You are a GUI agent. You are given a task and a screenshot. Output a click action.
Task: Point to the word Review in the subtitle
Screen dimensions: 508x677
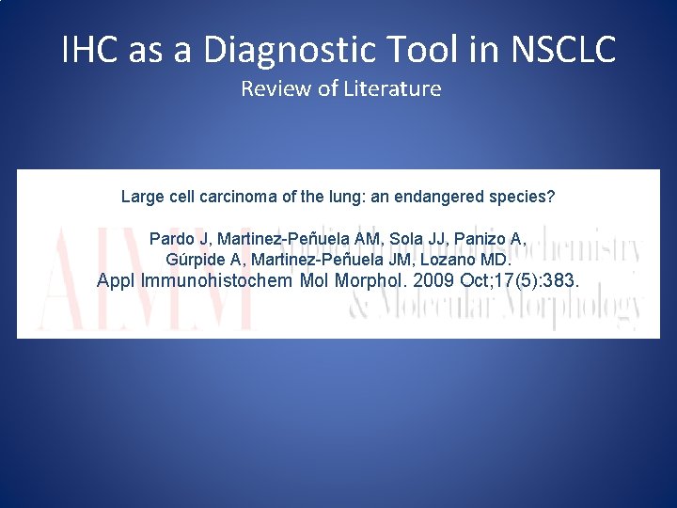[x=271, y=89]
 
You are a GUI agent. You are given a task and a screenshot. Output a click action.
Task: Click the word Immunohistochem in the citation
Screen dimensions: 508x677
[x=217, y=280]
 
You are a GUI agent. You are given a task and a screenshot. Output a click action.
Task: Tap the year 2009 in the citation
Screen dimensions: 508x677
[x=433, y=280]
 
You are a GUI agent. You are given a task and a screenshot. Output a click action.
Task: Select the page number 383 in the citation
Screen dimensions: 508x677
[x=562, y=280]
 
